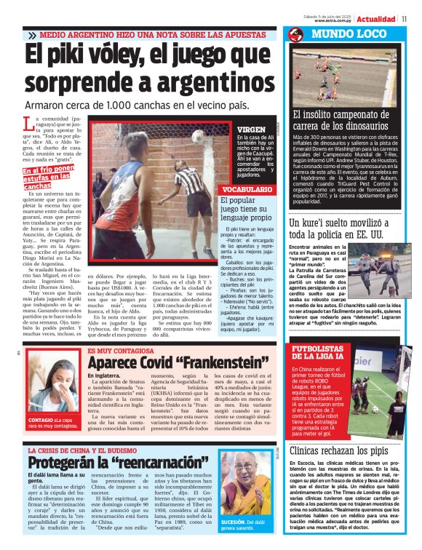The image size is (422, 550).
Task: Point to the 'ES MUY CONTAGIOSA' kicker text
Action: (x=124, y=351)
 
